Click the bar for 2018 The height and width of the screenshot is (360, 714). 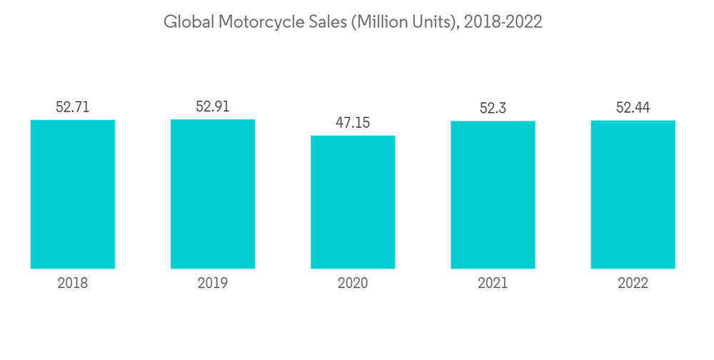(x=73, y=194)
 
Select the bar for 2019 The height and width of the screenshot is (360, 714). (x=213, y=194)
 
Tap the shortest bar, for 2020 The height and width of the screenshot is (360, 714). (x=353, y=202)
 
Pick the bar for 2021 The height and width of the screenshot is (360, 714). (x=493, y=195)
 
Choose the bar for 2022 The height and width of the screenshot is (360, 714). (x=633, y=194)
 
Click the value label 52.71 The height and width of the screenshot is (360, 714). (x=73, y=107)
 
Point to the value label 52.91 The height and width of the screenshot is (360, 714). (x=213, y=106)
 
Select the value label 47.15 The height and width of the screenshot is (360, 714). (x=353, y=123)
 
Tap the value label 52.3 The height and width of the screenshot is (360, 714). (x=493, y=108)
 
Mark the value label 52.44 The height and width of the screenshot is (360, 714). (x=633, y=107)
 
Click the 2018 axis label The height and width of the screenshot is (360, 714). (x=73, y=284)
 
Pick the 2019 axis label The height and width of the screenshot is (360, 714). (x=213, y=284)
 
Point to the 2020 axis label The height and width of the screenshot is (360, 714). (x=353, y=284)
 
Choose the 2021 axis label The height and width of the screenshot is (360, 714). (x=493, y=284)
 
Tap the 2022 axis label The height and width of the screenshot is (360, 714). (x=633, y=284)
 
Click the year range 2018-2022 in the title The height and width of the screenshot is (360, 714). (x=503, y=22)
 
